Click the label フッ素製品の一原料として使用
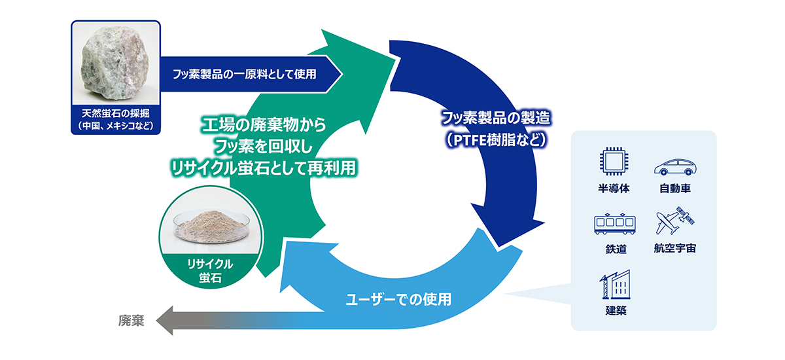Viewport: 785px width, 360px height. coord(245,74)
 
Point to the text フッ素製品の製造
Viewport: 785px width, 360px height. coord(495,119)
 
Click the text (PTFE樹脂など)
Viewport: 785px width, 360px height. coord(495,139)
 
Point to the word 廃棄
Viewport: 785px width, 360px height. coord(131,321)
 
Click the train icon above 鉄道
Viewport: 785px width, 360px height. coord(613,225)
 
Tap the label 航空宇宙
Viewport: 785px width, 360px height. coord(675,249)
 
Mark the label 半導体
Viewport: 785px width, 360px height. coord(613,189)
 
